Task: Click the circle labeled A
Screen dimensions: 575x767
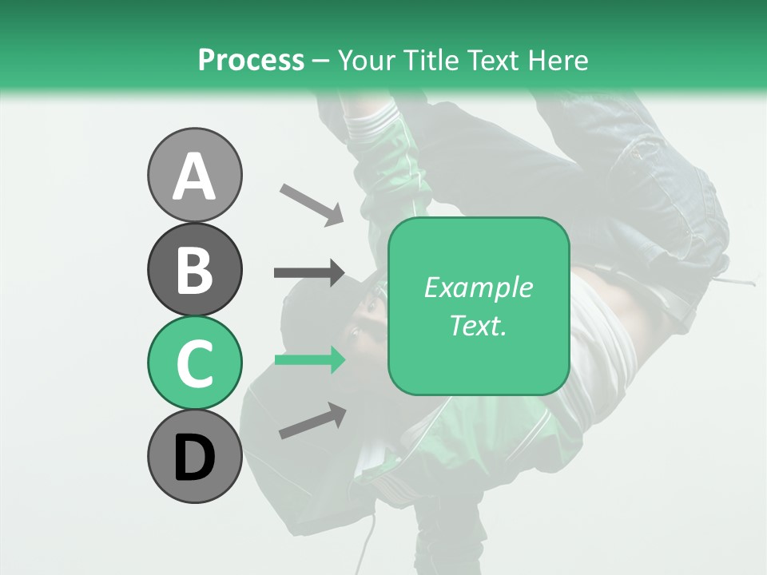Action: point(194,175)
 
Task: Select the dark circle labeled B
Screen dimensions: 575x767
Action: point(194,269)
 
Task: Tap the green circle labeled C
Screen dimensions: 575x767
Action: point(194,363)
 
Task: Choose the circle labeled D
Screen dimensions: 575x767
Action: point(194,456)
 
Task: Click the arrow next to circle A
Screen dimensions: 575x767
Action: point(312,204)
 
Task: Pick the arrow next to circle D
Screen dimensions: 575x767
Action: point(312,421)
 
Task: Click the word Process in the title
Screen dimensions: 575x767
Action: point(251,60)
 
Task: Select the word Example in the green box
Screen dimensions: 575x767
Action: point(478,287)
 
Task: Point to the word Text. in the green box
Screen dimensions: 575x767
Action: point(478,325)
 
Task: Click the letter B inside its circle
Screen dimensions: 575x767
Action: point(194,270)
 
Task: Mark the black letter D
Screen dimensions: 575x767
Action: point(194,458)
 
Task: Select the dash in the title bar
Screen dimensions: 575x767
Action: point(320,61)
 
